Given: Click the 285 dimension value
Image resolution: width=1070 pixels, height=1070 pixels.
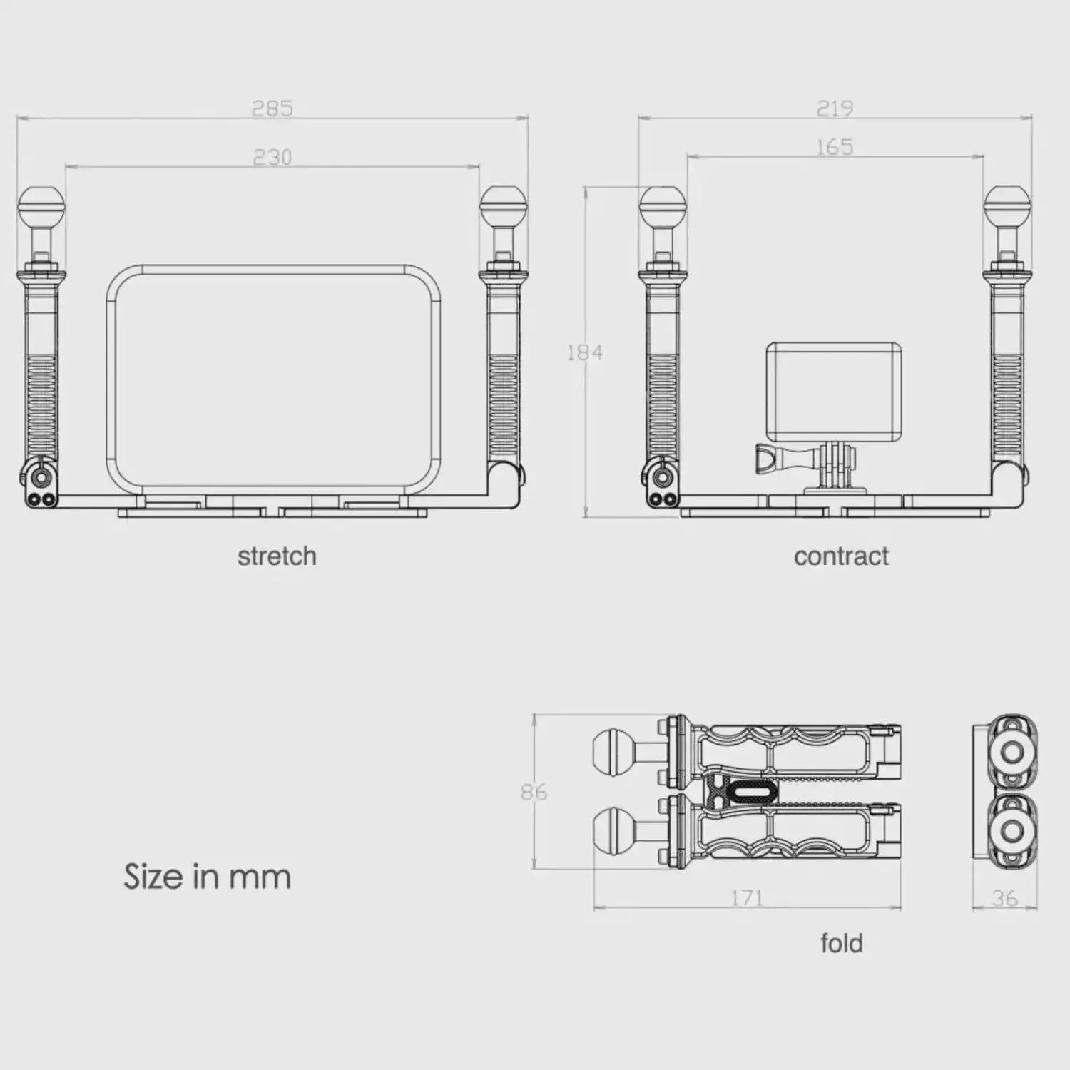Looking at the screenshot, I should [x=272, y=108].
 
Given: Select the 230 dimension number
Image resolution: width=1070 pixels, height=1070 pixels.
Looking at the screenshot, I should [x=272, y=157].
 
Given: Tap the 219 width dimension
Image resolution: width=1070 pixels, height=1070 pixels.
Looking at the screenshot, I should [x=835, y=108].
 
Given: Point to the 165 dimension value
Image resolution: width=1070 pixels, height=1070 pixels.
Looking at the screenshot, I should [x=835, y=147].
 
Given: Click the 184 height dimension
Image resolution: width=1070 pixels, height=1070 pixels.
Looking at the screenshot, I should [x=584, y=352].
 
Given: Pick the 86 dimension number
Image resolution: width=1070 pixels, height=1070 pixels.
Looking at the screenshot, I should [x=534, y=792].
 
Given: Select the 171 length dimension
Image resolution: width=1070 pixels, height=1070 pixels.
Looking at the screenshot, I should [x=747, y=897].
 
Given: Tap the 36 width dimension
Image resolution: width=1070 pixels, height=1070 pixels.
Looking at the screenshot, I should [x=1004, y=898].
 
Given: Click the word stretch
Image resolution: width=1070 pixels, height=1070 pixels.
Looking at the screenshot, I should [x=277, y=556].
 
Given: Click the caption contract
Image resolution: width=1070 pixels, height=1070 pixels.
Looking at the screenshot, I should [x=841, y=556].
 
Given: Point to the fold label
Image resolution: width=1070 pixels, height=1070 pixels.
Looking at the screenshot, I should [x=842, y=943].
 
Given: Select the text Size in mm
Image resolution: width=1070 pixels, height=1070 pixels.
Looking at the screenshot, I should [x=208, y=877].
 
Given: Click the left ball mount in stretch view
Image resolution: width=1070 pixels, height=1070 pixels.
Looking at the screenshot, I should [x=41, y=208].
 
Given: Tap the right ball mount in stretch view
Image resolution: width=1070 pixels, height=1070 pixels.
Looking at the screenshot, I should [x=503, y=208].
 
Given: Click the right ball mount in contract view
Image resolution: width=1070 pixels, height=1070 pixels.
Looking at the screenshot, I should [x=1007, y=208].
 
